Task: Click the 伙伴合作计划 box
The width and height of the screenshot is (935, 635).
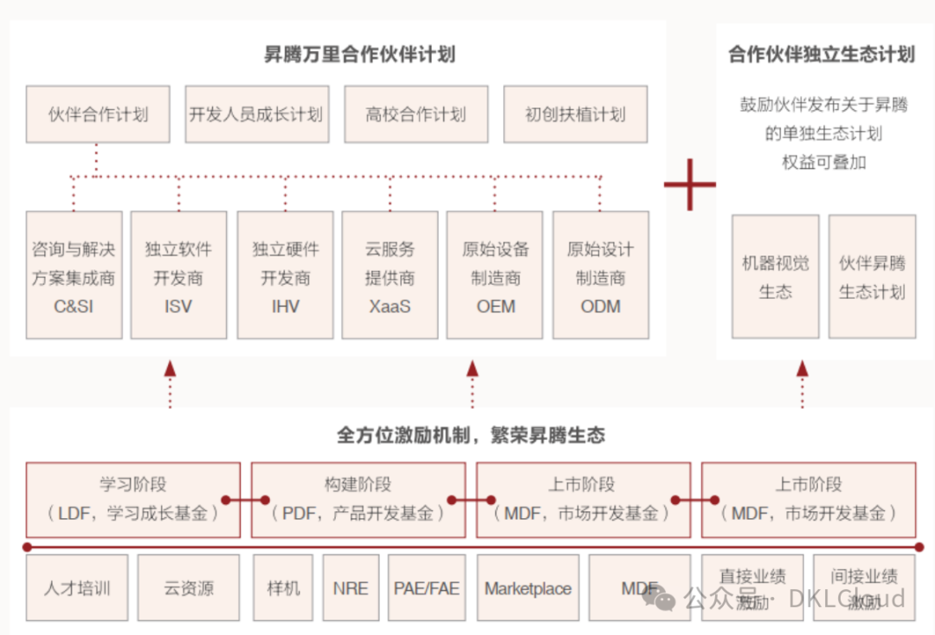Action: [98, 114]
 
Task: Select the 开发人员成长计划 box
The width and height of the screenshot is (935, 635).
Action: [256, 114]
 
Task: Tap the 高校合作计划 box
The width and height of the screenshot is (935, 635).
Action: [416, 114]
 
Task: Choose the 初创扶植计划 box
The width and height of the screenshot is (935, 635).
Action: [575, 114]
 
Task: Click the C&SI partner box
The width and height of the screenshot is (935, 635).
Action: [74, 275]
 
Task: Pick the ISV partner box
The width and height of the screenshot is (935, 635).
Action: [178, 275]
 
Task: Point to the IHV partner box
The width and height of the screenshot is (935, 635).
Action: [285, 275]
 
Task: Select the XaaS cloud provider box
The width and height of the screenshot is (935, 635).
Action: [390, 275]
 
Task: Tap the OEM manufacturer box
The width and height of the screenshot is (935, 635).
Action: [495, 275]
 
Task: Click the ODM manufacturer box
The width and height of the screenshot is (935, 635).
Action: [600, 275]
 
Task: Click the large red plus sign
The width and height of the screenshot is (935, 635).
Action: [690, 184]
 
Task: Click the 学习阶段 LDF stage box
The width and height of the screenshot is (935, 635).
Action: [133, 500]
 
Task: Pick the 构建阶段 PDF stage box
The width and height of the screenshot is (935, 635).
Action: [358, 500]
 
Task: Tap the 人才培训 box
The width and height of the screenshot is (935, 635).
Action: [77, 589]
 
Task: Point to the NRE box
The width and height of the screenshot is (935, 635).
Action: [351, 589]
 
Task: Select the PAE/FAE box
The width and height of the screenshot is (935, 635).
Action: [426, 589]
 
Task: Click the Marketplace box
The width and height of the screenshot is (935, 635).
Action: [528, 589]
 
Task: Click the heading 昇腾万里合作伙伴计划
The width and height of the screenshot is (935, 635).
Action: [359, 55]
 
